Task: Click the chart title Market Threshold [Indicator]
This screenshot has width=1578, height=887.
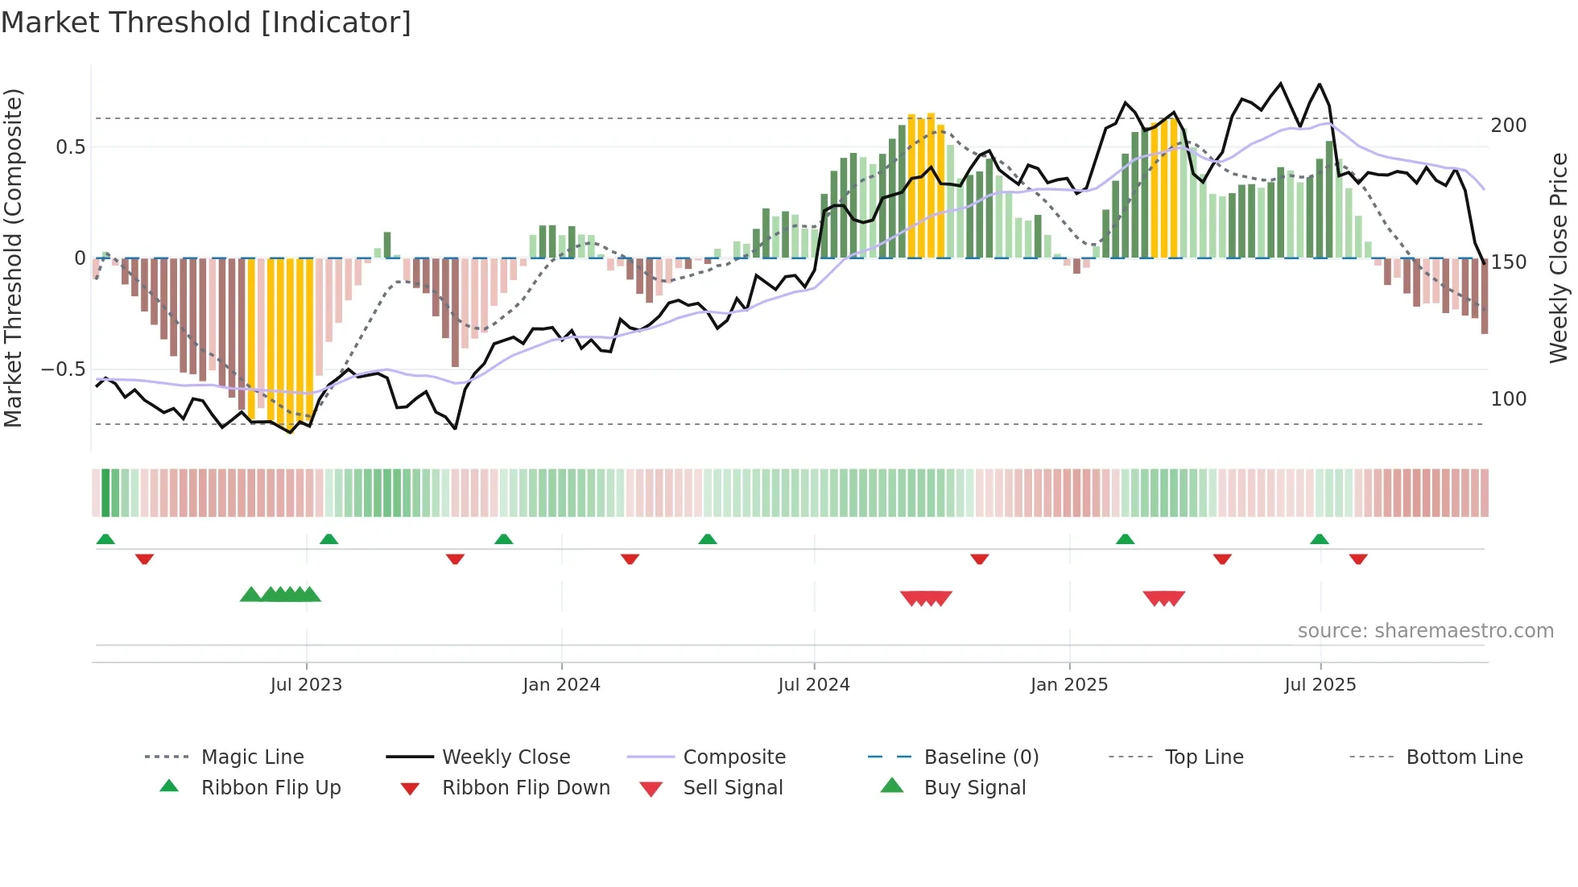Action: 206,23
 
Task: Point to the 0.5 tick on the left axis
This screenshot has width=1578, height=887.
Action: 70,147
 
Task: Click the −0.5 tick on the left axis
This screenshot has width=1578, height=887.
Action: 64,369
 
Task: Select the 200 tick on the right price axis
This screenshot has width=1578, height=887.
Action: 1508,126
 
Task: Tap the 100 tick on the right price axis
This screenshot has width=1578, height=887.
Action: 1508,399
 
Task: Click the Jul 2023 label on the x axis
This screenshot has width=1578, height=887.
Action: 306,685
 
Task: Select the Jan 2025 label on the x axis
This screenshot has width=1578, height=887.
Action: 1068,685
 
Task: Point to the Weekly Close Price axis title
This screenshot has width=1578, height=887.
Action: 1559,258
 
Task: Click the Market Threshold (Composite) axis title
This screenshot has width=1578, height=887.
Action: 13,258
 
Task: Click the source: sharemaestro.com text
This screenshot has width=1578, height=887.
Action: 1425,631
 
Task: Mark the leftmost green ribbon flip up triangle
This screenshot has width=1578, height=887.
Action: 105,539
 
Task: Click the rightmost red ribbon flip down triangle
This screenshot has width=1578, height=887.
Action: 1358,559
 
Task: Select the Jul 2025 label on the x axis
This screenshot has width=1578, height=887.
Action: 1320,685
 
